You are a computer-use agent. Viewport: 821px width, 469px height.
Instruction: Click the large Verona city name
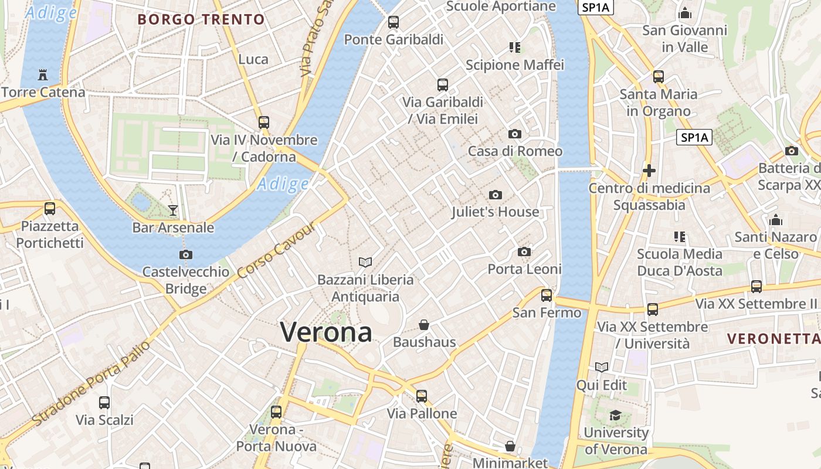click(326, 332)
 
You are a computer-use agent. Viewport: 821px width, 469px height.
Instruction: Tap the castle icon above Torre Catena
click(42, 75)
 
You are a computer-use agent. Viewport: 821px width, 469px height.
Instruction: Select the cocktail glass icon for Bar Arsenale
click(173, 210)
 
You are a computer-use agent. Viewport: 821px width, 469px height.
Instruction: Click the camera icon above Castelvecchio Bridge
click(186, 254)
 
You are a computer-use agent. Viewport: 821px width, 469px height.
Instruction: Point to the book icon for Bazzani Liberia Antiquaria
click(365, 262)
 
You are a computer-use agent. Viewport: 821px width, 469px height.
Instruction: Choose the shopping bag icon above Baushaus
click(424, 325)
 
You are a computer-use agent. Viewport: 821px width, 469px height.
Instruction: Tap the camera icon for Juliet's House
click(496, 195)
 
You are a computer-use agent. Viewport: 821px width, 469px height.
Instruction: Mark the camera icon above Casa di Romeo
click(515, 134)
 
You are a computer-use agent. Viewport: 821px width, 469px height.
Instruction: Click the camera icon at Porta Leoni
click(524, 252)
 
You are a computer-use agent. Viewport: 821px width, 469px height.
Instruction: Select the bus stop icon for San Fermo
click(547, 295)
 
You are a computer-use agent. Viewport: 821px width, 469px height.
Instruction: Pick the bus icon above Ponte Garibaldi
click(393, 22)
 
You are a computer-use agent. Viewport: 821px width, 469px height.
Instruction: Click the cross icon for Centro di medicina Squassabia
click(649, 171)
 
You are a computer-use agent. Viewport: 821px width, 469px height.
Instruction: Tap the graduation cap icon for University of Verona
click(615, 416)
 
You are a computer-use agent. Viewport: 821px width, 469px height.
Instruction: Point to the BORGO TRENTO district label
click(201, 19)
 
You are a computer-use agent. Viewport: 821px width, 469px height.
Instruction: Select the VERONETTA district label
click(773, 339)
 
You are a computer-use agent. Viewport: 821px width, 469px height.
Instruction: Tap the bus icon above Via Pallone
click(422, 396)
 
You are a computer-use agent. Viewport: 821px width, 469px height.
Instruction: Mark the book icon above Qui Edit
click(602, 368)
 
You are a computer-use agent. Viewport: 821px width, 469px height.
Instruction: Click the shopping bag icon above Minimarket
click(510, 446)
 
